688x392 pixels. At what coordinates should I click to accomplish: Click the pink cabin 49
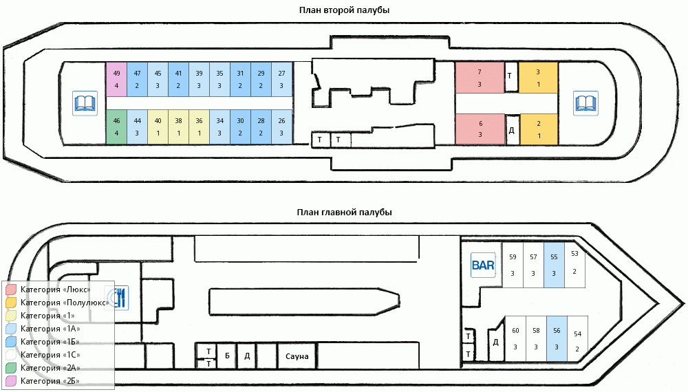[116, 79]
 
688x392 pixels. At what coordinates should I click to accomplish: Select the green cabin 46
[116, 127]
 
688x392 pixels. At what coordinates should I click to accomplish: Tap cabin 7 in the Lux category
[480, 78]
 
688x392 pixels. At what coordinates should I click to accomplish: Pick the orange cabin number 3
[539, 78]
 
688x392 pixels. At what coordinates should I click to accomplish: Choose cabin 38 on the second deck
[179, 127]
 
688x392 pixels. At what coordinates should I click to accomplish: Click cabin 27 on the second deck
[281, 79]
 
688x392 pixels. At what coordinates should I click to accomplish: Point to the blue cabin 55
[554, 265]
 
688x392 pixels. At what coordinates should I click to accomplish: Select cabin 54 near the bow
[577, 339]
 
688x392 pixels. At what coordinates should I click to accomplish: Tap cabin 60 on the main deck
[515, 339]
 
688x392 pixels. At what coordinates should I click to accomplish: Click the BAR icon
[483, 265]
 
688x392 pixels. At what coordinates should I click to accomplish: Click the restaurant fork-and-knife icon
[117, 298]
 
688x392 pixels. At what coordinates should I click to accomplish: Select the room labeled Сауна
[297, 356]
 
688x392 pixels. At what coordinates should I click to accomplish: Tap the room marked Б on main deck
[227, 356]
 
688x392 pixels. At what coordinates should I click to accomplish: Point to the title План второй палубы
[345, 10]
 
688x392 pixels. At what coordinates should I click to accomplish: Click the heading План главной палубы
[345, 213]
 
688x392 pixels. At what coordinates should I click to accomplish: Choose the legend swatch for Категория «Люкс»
[11, 290]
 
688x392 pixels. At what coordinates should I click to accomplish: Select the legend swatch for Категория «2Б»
[11, 381]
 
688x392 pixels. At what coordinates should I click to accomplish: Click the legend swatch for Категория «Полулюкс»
[11, 303]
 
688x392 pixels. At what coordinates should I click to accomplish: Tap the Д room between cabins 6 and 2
[512, 130]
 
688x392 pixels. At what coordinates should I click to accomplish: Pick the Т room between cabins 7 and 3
[510, 76]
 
